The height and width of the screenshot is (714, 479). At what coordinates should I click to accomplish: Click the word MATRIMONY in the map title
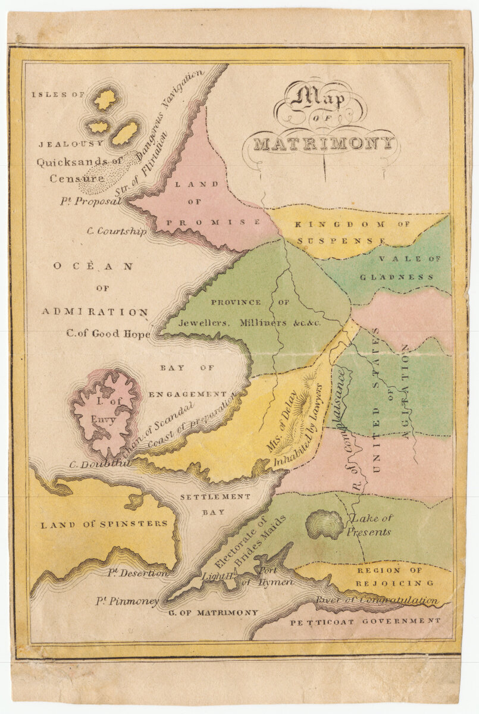point(324,143)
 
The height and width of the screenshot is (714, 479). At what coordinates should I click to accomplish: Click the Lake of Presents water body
point(324,524)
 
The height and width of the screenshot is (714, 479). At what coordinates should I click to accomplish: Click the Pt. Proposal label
point(90,201)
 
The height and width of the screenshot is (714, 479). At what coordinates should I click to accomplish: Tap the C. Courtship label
point(117,231)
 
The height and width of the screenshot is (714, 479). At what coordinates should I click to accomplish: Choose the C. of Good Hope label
point(108,333)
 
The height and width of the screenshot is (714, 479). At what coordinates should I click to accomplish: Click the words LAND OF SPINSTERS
point(104,524)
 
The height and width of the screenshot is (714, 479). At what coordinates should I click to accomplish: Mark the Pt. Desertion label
point(137,573)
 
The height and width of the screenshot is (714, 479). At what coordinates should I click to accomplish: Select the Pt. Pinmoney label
point(127,601)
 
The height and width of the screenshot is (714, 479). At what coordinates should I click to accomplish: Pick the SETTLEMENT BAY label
point(207,504)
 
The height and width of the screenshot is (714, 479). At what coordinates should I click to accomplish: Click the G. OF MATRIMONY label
point(213,612)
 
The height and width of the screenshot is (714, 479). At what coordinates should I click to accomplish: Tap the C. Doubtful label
point(99,464)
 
